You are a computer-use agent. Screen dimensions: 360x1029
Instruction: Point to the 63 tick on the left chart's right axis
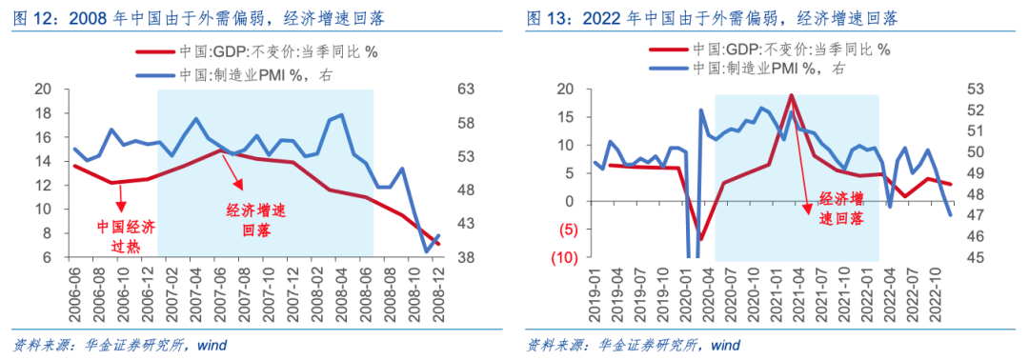pyautogui.click(x=465, y=90)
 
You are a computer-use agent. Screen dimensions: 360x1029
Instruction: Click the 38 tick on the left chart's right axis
pyautogui.click(x=465, y=257)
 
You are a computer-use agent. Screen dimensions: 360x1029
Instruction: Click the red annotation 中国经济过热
pyautogui.click(x=125, y=235)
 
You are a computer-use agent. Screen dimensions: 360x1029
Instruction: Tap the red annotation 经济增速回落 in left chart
pyautogui.click(x=255, y=220)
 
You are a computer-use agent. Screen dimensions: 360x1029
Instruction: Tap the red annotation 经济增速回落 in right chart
pyautogui.click(x=840, y=209)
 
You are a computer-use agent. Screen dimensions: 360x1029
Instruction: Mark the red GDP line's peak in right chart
pyautogui.click(x=791, y=94)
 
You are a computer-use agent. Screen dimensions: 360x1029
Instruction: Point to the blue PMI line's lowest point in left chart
pyautogui.click(x=426, y=251)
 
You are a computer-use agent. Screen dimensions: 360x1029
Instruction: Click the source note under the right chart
pyautogui.click(x=633, y=344)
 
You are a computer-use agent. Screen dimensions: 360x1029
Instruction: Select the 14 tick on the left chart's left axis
pyautogui.click(x=42, y=161)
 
